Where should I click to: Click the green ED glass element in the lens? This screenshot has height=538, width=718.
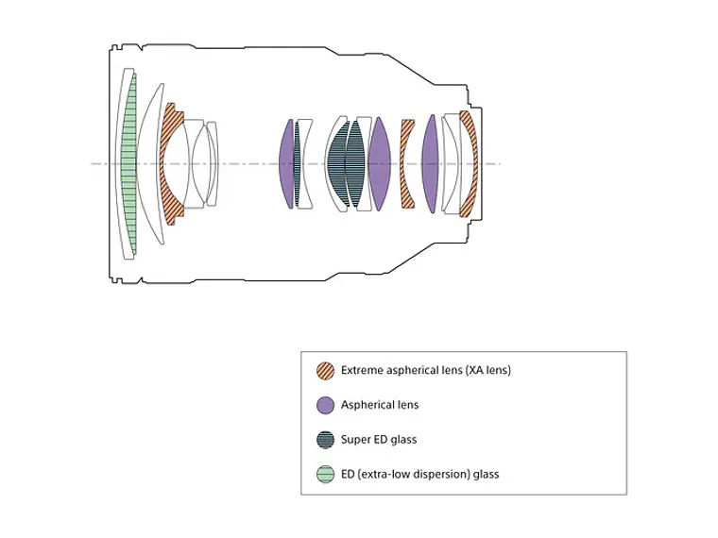coord(130,164)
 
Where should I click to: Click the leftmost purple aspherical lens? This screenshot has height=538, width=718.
coord(286,164)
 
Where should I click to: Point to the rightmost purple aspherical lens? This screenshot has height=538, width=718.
coord(430,164)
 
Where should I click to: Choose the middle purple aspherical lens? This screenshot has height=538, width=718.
coord(379,164)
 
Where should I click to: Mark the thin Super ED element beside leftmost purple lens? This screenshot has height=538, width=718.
coord(297,164)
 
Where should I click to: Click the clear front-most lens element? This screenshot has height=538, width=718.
coord(119,164)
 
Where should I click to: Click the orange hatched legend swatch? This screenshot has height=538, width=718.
coord(325,371)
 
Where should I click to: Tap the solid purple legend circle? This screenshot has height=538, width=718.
coord(325,405)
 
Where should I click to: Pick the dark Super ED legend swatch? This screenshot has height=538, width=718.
coord(325,440)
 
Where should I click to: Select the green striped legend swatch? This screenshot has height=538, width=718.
coord(325,475)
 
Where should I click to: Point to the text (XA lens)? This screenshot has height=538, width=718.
coord(487,370)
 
